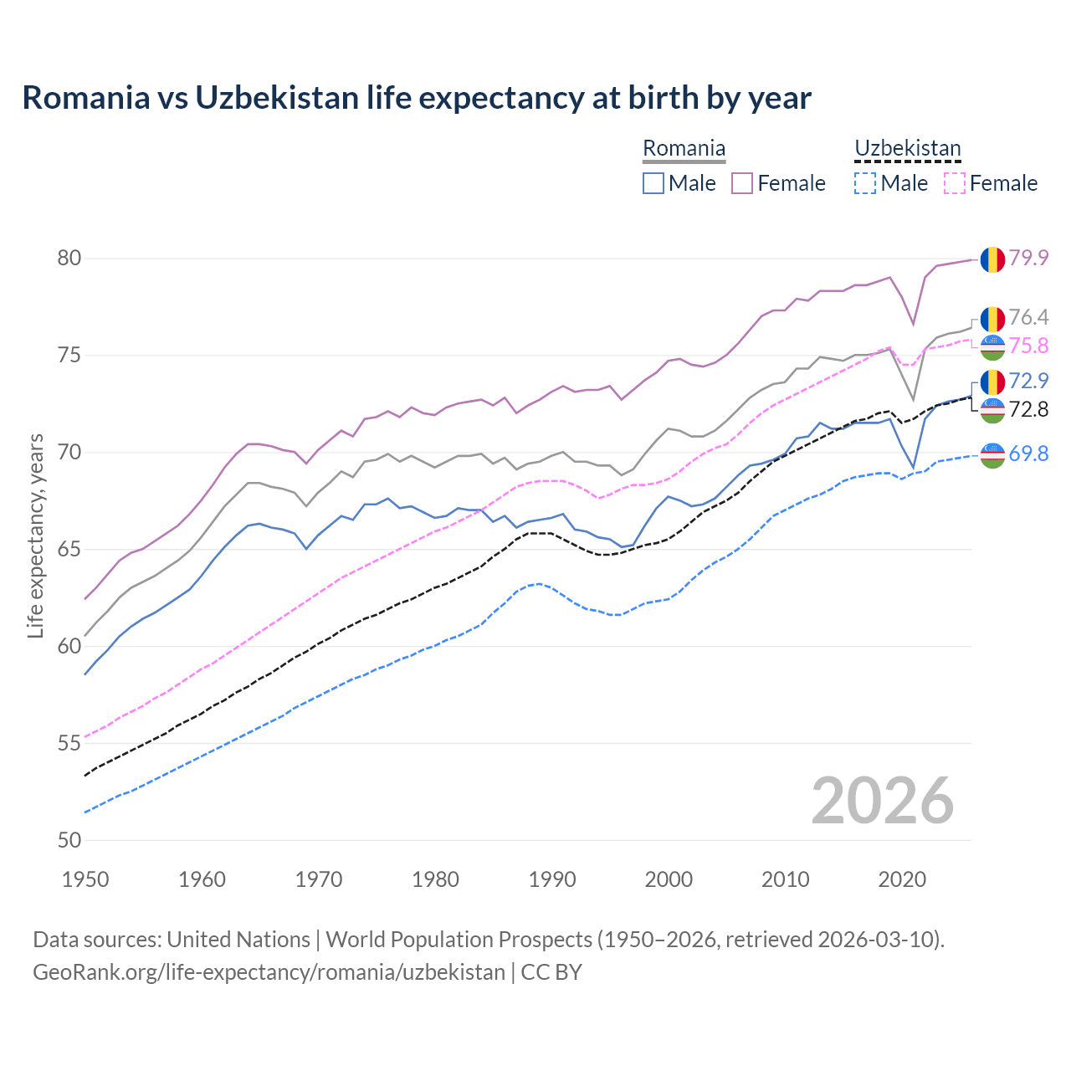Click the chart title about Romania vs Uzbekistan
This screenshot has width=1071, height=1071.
417,98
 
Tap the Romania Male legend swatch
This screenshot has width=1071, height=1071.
653,183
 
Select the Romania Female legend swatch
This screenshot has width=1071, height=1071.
742,183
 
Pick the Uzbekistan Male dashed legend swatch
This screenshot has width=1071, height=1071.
865,183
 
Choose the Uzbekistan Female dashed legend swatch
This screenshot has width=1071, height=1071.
955,183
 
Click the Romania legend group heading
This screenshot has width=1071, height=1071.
684,149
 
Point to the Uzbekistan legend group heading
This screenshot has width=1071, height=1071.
907,149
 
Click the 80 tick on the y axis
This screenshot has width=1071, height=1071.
69,259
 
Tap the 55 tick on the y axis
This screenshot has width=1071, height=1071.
69,743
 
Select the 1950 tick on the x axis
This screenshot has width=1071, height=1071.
85,879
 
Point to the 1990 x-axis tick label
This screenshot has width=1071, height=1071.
552,879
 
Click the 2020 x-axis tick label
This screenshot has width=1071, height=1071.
902,879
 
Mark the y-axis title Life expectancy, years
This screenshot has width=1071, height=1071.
35,535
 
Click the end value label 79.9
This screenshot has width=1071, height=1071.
1028,258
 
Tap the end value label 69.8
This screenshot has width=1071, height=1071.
1028,454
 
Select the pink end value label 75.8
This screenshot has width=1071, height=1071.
1028,346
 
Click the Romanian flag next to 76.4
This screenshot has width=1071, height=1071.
992,319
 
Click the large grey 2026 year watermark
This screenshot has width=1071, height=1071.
883,801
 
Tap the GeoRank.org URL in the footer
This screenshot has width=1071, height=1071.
269,972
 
